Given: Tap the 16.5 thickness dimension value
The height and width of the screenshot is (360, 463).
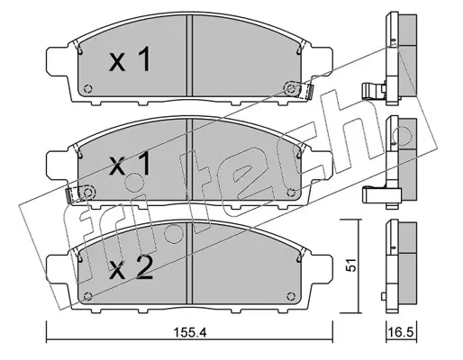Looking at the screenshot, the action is click(401, 332).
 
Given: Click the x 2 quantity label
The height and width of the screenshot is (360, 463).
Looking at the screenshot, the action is click(131, 268).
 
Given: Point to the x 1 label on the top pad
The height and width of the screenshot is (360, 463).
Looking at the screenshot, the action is click(130, 60).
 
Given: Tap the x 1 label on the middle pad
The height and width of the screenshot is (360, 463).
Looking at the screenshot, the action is click(130, 164).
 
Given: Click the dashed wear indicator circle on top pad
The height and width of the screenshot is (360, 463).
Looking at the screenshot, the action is click(291, 89).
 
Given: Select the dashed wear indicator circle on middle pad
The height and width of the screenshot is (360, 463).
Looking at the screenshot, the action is click(87, 193).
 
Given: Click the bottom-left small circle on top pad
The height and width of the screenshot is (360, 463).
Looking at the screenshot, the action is click(88, 89).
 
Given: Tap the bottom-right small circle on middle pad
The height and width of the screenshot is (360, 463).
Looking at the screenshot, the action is click(291, 193).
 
